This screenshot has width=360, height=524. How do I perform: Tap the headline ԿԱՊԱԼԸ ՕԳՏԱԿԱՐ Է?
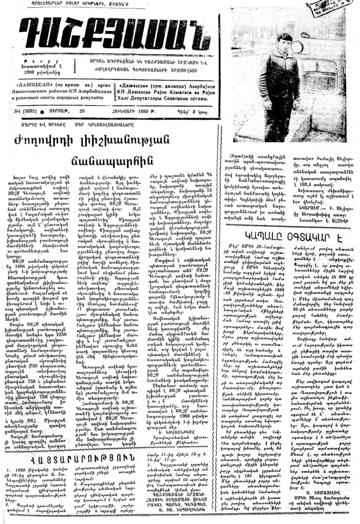click(x=286, y=218)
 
